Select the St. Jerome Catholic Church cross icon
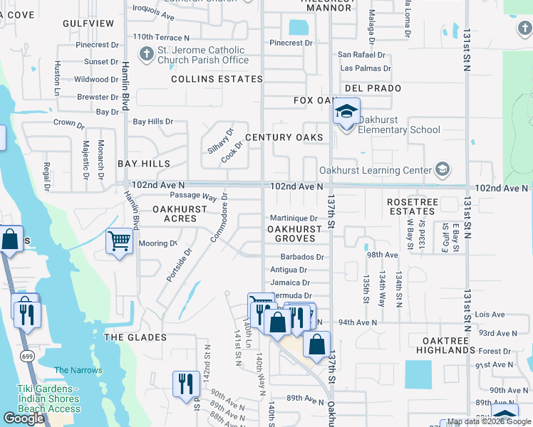[146, 54]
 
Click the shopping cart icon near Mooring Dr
[119, 241]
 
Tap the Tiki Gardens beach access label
[48, 399]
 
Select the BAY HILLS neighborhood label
[145, 164]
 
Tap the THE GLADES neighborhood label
[135, 337]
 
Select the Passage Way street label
[193, 196]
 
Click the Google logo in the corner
[24, 418]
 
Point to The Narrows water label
[72, 370]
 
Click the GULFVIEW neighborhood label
[88, 23]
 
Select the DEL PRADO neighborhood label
[372, 88]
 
